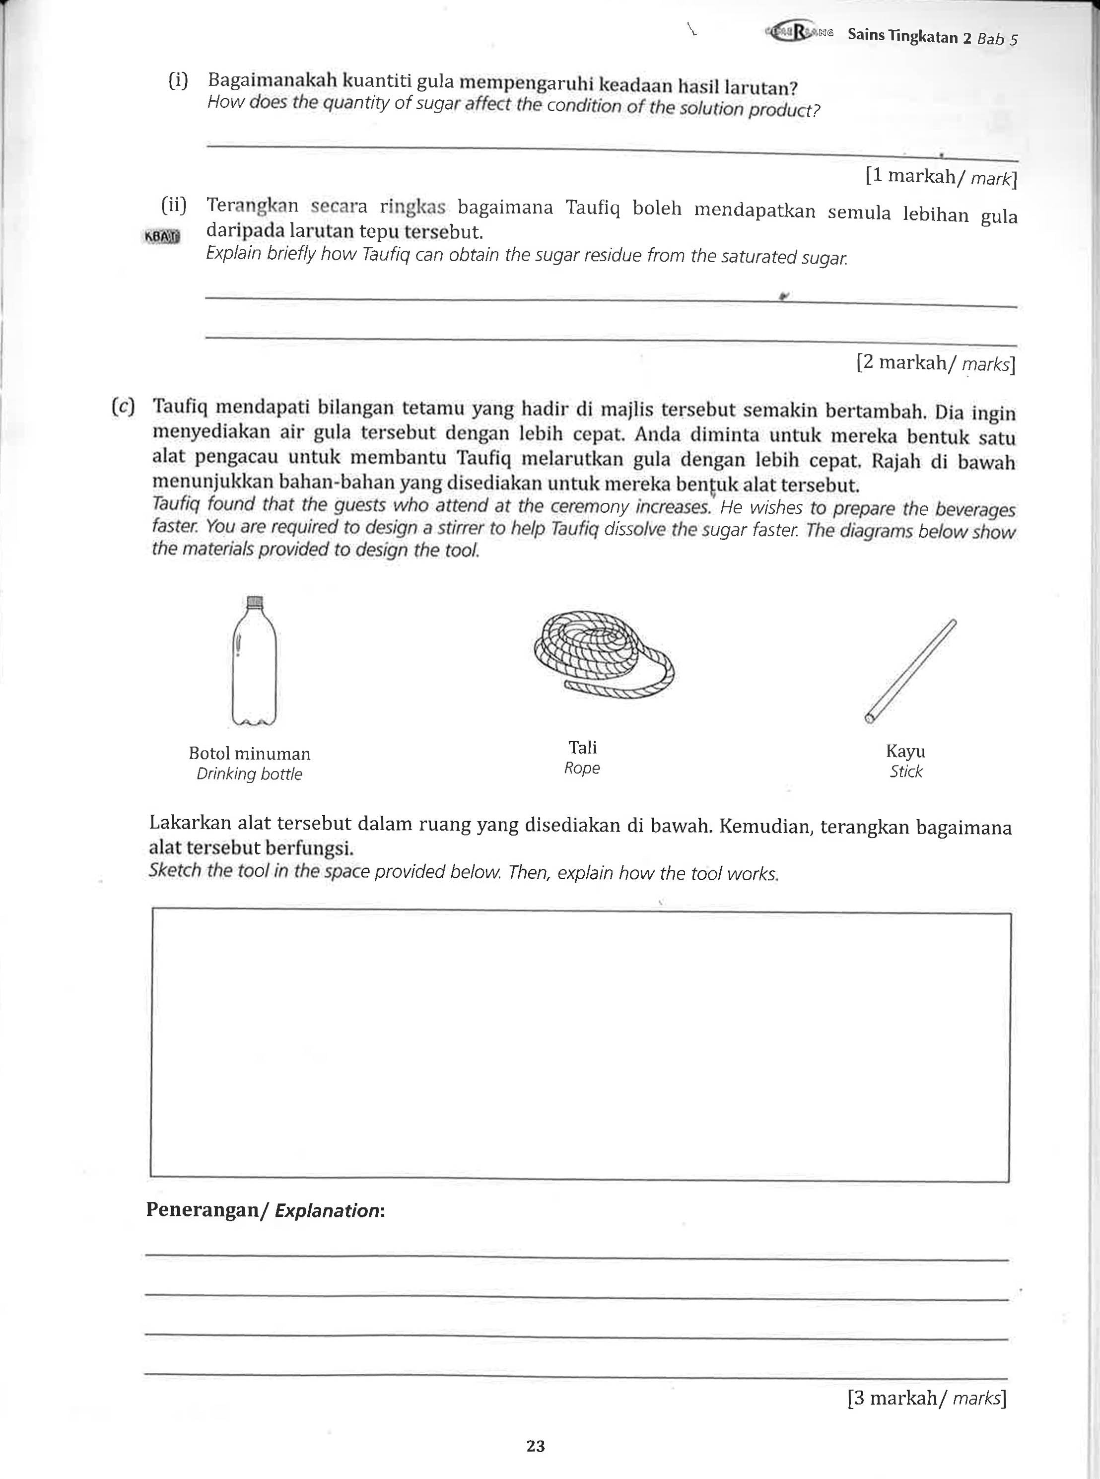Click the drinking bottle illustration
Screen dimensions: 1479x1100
pos(254,666)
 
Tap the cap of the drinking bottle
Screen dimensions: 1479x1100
pos(254,602)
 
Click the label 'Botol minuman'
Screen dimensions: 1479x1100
pos(250,753)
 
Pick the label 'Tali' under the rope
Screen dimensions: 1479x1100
pos(583,747)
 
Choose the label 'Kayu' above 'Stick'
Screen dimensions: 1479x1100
pos(905,751)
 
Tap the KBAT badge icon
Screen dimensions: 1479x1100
pos(162,236)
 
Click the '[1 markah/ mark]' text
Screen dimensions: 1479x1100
pos(941,176)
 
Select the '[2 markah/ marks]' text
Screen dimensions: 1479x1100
pos(936,363)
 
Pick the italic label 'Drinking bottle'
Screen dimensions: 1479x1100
pos(249,774)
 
